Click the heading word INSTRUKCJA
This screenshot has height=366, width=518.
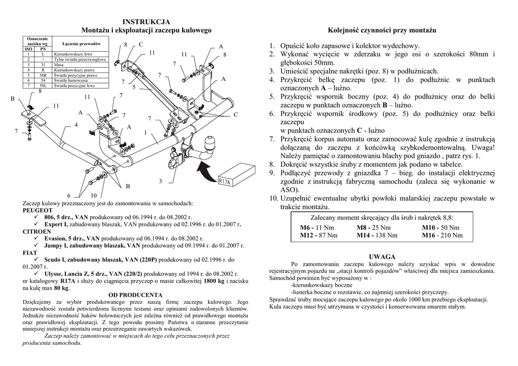(x=146, y=22)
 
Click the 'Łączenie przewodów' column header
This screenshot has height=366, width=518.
(x=80, y=44)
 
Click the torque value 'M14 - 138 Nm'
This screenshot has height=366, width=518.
(x=377, y=235)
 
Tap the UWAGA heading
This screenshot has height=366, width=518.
(x=382, y=257)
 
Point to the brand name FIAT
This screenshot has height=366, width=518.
(x=30, y=252)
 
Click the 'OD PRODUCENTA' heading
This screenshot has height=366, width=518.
(x=136, y=295)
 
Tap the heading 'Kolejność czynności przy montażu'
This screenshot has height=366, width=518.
(x=382, y=31)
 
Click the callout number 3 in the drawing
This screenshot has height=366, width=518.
(x=160, y=181)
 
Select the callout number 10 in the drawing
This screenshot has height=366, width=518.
(x=94, y=195)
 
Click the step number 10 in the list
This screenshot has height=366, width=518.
(x=273, y=198)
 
